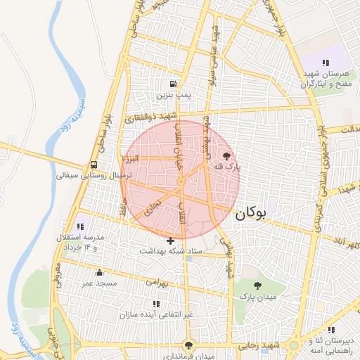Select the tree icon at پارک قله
point(226,156)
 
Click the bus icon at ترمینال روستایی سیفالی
point(93,166)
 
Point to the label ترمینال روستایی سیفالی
point(90,176)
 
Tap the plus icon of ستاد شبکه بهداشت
point(170,240)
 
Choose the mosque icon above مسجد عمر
point(99,273)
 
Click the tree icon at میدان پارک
point(257,285)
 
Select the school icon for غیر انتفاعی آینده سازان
point(156,304)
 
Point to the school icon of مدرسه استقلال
point(80,227)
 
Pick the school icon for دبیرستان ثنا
point(331,330)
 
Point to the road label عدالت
point(347,129)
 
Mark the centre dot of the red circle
point(180,181)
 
